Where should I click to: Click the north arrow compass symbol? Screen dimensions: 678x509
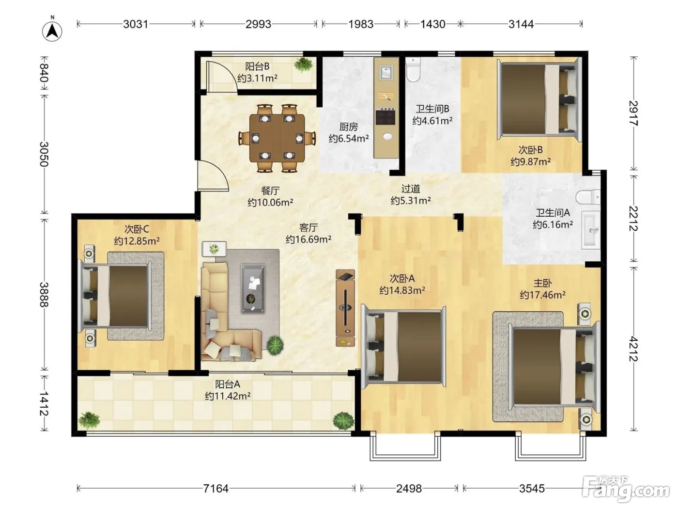(52, 30)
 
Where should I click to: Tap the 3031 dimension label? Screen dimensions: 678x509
(136, 24)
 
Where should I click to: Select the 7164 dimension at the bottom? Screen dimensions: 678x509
(216, 489)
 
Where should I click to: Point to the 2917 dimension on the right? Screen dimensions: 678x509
(633, 113)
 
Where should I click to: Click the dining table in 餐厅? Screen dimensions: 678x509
(277, 138)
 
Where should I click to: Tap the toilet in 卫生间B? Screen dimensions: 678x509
(413, 69)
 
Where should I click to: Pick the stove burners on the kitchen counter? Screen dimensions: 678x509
(385, 116)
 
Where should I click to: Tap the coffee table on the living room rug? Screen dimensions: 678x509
(253, 288)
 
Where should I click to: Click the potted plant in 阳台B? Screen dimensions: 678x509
(303, 64)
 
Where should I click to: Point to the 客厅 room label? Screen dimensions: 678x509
(308, 228)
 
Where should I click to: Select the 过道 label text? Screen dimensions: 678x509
(411, 189)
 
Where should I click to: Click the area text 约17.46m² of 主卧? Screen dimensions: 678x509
(542, 295)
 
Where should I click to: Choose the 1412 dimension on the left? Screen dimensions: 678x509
(44, 404)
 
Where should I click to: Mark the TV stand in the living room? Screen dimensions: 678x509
(345, 308)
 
